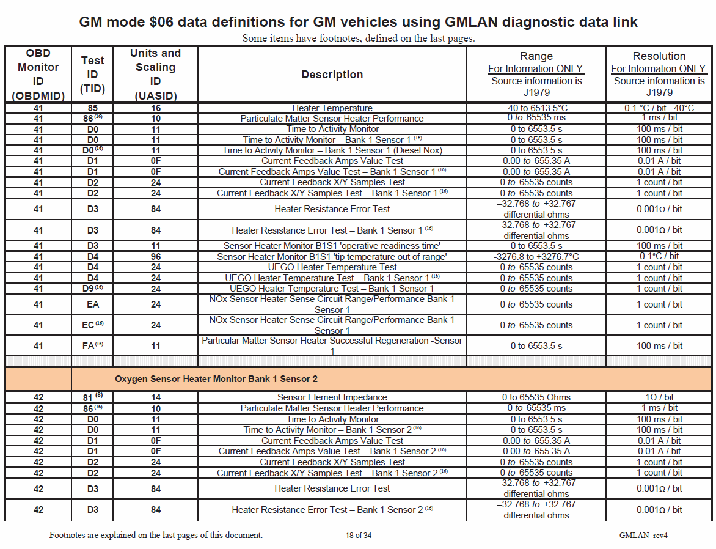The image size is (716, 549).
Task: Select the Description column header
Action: pyautogui.click(x=332, y=75)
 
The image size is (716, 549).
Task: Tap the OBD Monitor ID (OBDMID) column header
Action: pyautogui.click(x=38, y=74)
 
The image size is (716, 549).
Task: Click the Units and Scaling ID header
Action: pyautogui.click(x=156, y=74)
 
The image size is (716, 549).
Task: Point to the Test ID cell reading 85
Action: pyautogui.click(x=93, y=108)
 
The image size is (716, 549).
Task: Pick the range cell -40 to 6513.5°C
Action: pyautogui.click(x=536, y=108)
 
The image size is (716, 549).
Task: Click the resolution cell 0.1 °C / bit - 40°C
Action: pyautogui.click(x=659, y=108)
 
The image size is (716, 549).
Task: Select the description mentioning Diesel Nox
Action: pyautogui.click(x=332, y=150)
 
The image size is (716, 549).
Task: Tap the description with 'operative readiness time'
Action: pyautogui.click(x=332, y=246)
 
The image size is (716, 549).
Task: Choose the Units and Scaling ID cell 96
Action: pyautogui.click(x=156, y=257)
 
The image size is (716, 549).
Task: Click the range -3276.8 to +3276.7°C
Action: pyautogui.click(x=536, y=257)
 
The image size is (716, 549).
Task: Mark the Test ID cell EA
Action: pyautogui.click(x=93, y=304)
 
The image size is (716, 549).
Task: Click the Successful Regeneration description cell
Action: pyautogui.click(x=332, y=345)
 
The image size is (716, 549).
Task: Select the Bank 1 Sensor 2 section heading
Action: pyautogui.click(x=216, y=379)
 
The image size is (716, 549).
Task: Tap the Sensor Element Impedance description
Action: pyautogui.click(x=332, y=397)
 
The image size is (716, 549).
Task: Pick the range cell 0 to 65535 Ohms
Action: pyautogui.click(x=536, y=397)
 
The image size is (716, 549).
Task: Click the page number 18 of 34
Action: pyautogui.click(x=358, y=536)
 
